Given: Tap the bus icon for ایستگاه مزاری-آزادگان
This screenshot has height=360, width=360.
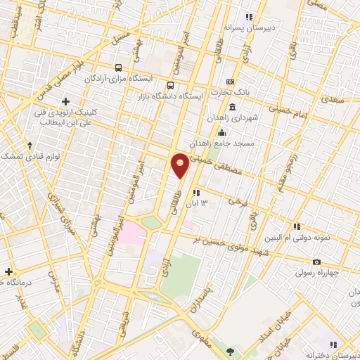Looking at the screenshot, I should click(x=117, y=68).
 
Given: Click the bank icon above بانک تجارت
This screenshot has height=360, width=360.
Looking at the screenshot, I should click(x=230, y=82).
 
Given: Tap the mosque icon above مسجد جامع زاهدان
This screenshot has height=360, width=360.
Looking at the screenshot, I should click(x=221, y=132).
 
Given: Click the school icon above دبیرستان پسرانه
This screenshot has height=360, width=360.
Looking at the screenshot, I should click(x=248, y=17).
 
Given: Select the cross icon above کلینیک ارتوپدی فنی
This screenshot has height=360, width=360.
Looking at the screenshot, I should click(x=66, y=101).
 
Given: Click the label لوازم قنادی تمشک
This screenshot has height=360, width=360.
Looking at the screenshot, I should click(x=29, y=155).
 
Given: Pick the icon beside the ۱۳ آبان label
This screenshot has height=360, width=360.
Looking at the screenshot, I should click(x=196, y=192).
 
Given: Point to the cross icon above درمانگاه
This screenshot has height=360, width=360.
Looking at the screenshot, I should click(x=8, y=271).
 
